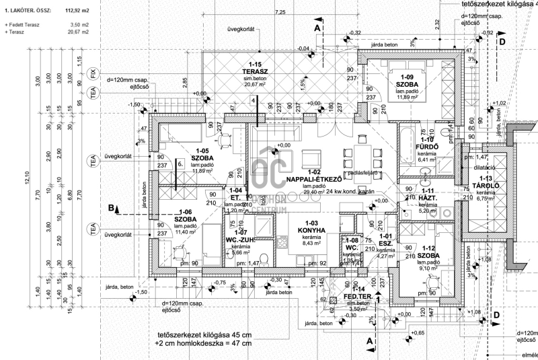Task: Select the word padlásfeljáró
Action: tap(364, 173)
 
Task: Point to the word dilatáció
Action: tap(482, 167)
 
